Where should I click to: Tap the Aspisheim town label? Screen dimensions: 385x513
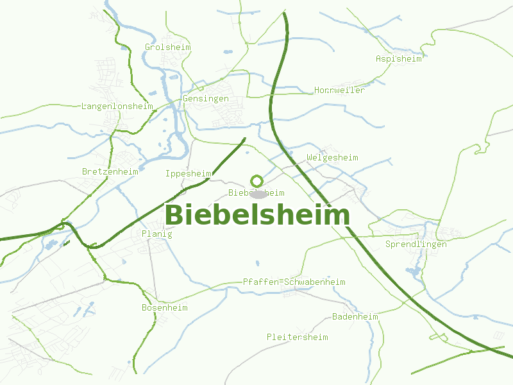399,59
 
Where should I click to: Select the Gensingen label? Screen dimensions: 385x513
206,99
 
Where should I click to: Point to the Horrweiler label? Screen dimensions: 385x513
340,90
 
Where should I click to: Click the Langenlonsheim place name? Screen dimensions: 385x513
117,106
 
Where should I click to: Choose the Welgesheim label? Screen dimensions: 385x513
333,158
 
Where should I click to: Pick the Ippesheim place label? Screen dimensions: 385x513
189,174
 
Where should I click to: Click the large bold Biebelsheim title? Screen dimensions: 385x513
257,216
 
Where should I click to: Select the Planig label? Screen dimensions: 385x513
157,234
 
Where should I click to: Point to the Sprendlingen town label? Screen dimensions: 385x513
416,244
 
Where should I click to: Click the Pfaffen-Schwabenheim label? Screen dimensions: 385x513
294,282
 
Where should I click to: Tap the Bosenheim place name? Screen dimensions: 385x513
165,308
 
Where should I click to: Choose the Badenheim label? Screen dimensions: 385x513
355,317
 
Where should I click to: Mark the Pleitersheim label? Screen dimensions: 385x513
298,338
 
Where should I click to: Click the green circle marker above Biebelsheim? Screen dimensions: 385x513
256,181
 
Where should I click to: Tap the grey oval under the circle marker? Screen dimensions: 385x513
258,194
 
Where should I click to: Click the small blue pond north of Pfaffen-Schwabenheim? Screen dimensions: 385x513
258,262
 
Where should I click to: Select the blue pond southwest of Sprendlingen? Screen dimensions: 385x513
414,271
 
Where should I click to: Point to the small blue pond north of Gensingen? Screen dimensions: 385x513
227,52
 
